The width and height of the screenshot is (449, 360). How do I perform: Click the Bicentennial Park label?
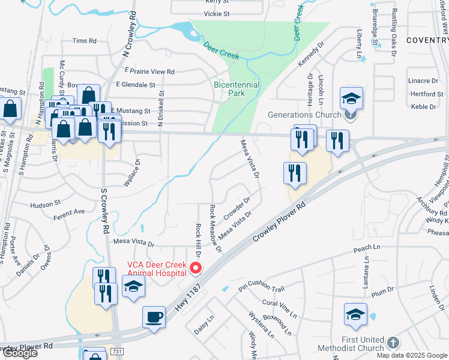tap(237, 89)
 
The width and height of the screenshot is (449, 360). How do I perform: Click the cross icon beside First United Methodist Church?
tap(393, 343)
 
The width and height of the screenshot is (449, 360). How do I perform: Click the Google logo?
tap(19, 353)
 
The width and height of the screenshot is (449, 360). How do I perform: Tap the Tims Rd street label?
tap(84, 41)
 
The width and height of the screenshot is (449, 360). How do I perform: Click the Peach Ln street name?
tap(367, 248)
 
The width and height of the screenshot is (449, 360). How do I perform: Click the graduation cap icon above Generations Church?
tap(351, 97)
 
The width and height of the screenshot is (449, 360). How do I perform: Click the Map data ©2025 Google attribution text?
tap(412, 355)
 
